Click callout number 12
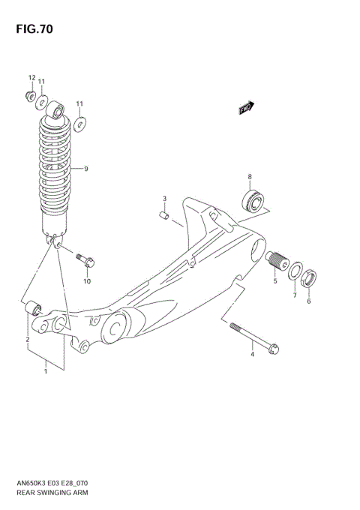pyautogui.click(x=32, y=78)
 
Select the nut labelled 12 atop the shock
pyautogui.click(x=29, y=94)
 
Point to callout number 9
pyautogui.click(x=86, y=169)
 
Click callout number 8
pyautogui.click(x=250, y=177)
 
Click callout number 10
pyautogui.click(x=87, y=282)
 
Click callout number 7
pyautogui.click(x=295, y=295)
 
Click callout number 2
pyautogui.click(x=28, y=340)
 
